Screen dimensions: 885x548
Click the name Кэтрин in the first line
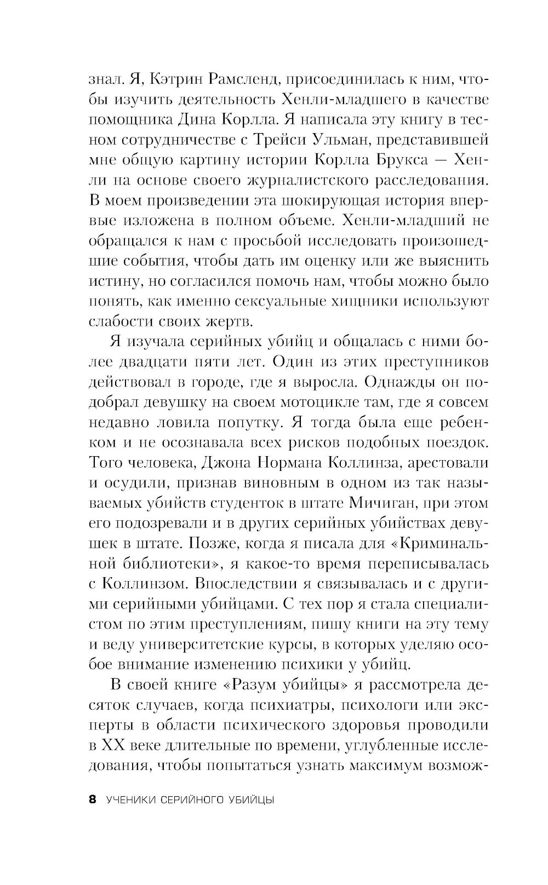click(x=174, y=81)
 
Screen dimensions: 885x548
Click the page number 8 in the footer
click(x=92, y=800)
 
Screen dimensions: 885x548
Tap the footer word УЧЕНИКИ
click(x=129, y=800)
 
